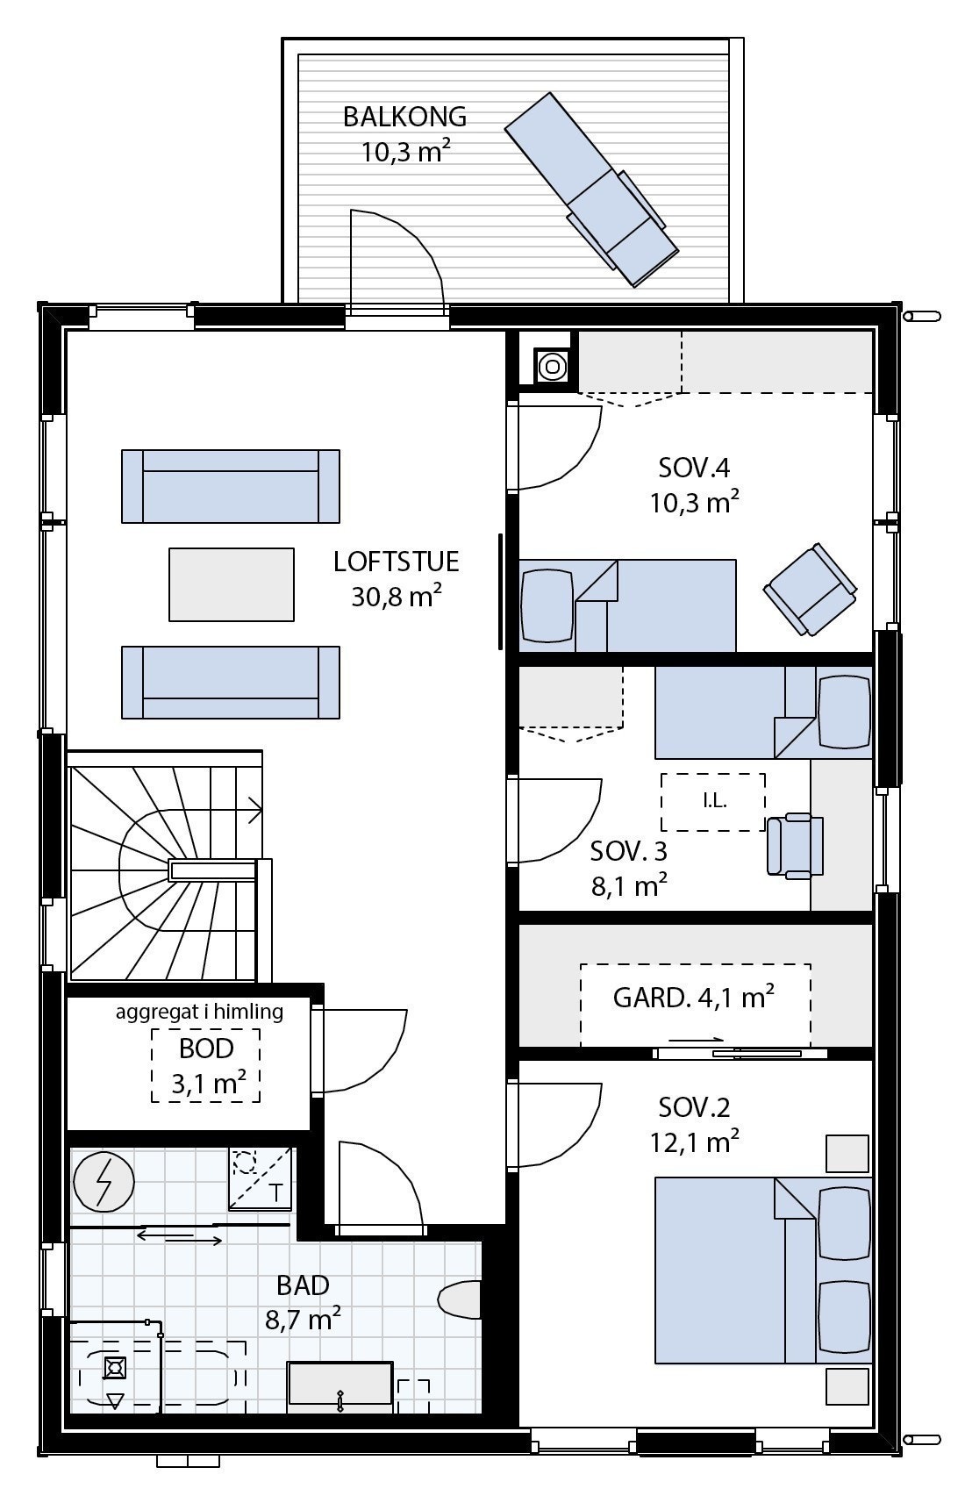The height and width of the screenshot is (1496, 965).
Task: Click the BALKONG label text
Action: pyautogui.click(x=404, y=117)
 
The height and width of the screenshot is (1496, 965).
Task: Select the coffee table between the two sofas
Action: pyautogui.click(x=232, y=584)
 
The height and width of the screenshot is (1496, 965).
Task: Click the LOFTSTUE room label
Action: pyautogui.click(x=396, y=562)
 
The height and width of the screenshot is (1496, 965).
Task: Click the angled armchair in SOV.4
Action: pyautogui.click(x=810, y=589)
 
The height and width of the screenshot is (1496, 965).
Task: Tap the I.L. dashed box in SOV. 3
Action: pyautogui.click(x=713, y=801)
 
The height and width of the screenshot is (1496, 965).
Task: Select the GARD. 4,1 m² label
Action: pyautogui.click(x=693, y=998)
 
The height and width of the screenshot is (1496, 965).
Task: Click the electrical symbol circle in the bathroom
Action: pyautogui.click(x=104, y=1183)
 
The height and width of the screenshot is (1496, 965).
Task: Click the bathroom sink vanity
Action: pyautogui.click(x=340, y=1387)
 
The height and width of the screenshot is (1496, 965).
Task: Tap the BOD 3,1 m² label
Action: pyautogui.click(x=206, y=1065)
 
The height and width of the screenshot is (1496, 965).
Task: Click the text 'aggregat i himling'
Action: pyautogui.click(x=199, y=1012)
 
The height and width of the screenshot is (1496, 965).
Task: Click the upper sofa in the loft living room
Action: pyautogui.click(x=231, y=486)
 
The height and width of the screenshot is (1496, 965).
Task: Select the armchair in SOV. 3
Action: pyautogui.click(x=795, y=846)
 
